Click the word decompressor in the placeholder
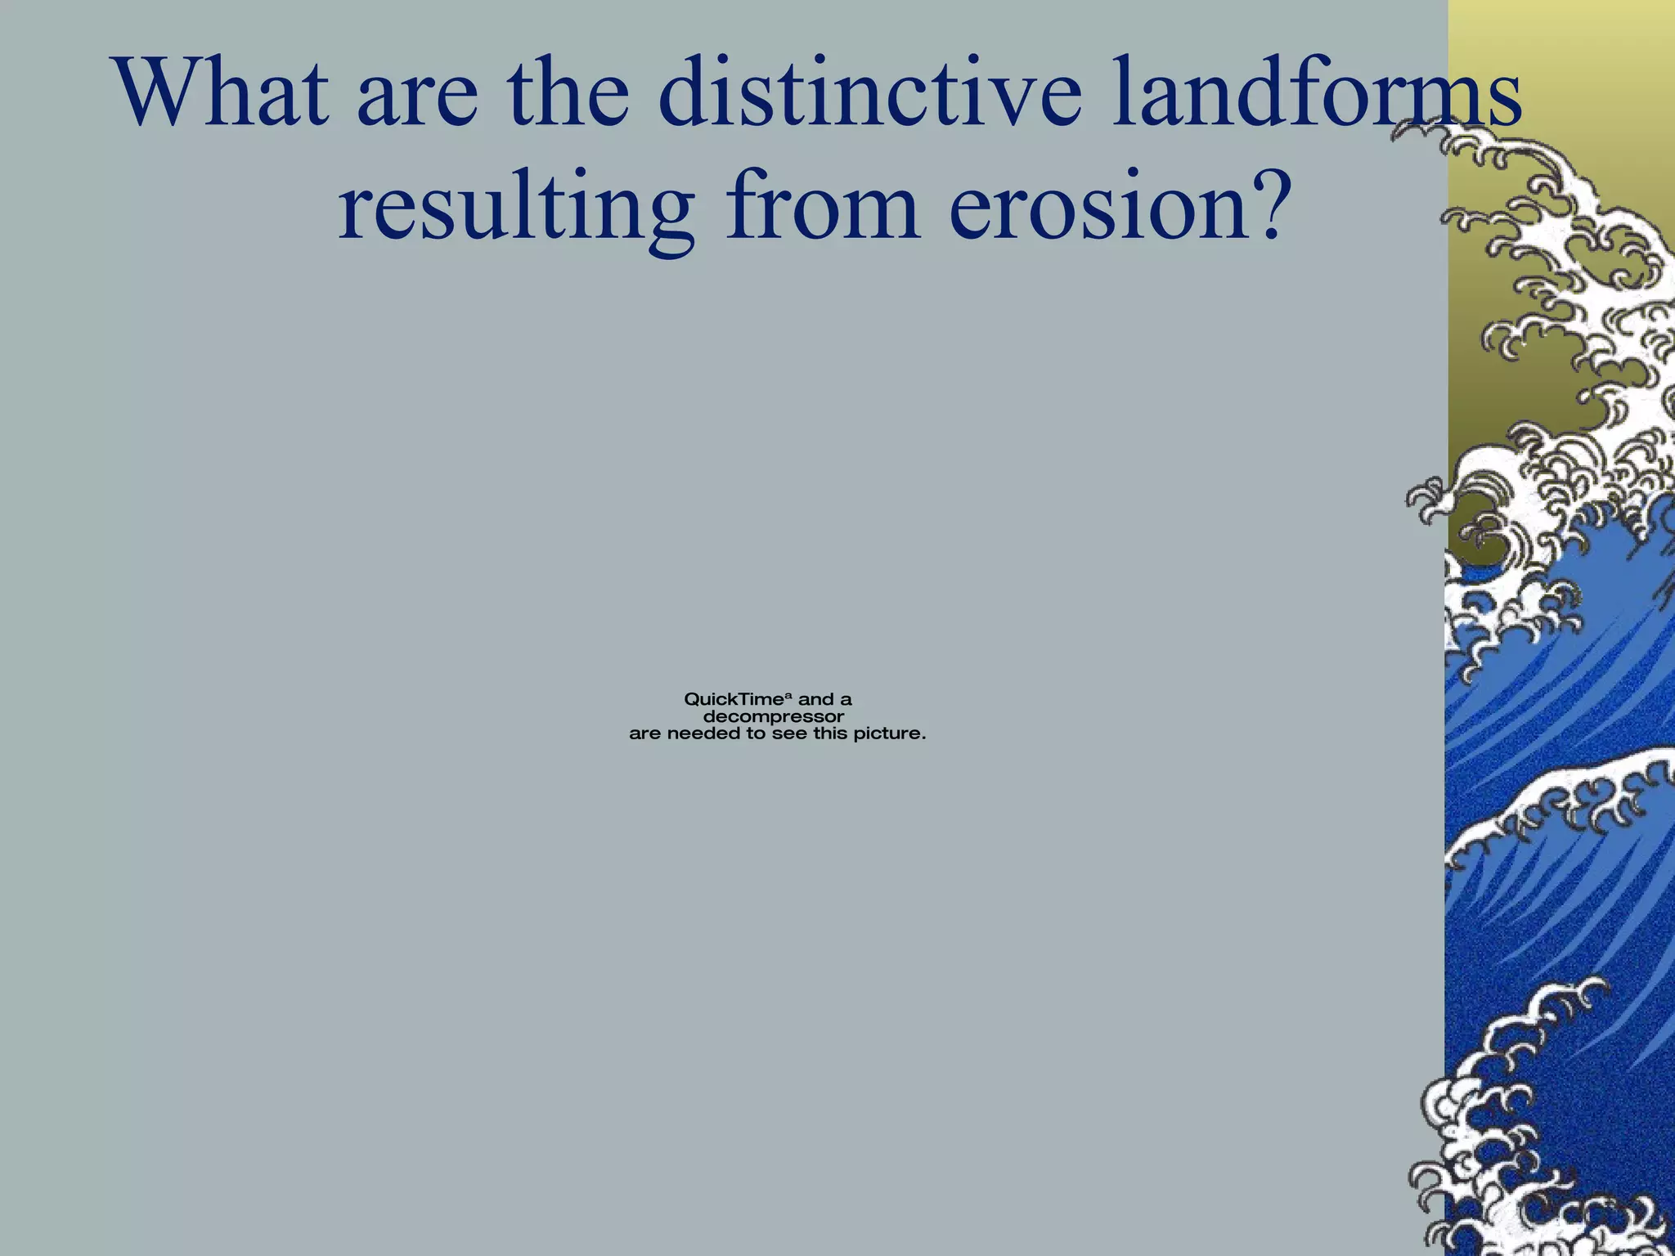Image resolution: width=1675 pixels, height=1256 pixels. tap(774, 717)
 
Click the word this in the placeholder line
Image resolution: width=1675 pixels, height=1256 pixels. tap(831, 734)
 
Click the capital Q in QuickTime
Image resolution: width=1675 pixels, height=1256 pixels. tap(692, 700)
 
